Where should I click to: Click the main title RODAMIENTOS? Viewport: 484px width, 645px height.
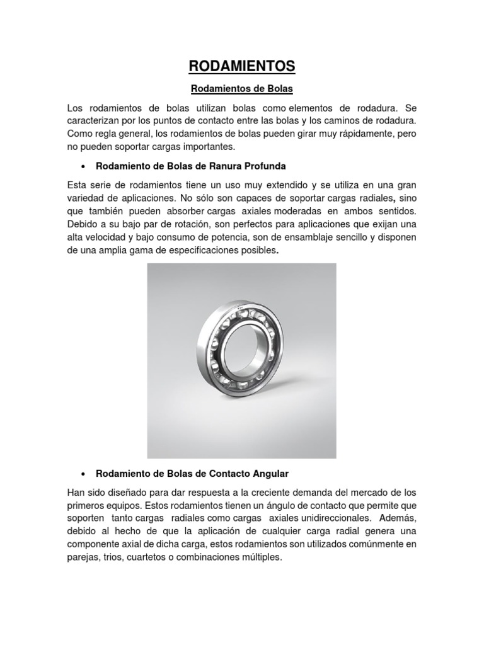[241, 66]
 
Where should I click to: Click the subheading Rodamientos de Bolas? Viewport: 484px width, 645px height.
[241, 90]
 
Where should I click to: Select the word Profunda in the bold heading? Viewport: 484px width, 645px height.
[263, 166]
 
